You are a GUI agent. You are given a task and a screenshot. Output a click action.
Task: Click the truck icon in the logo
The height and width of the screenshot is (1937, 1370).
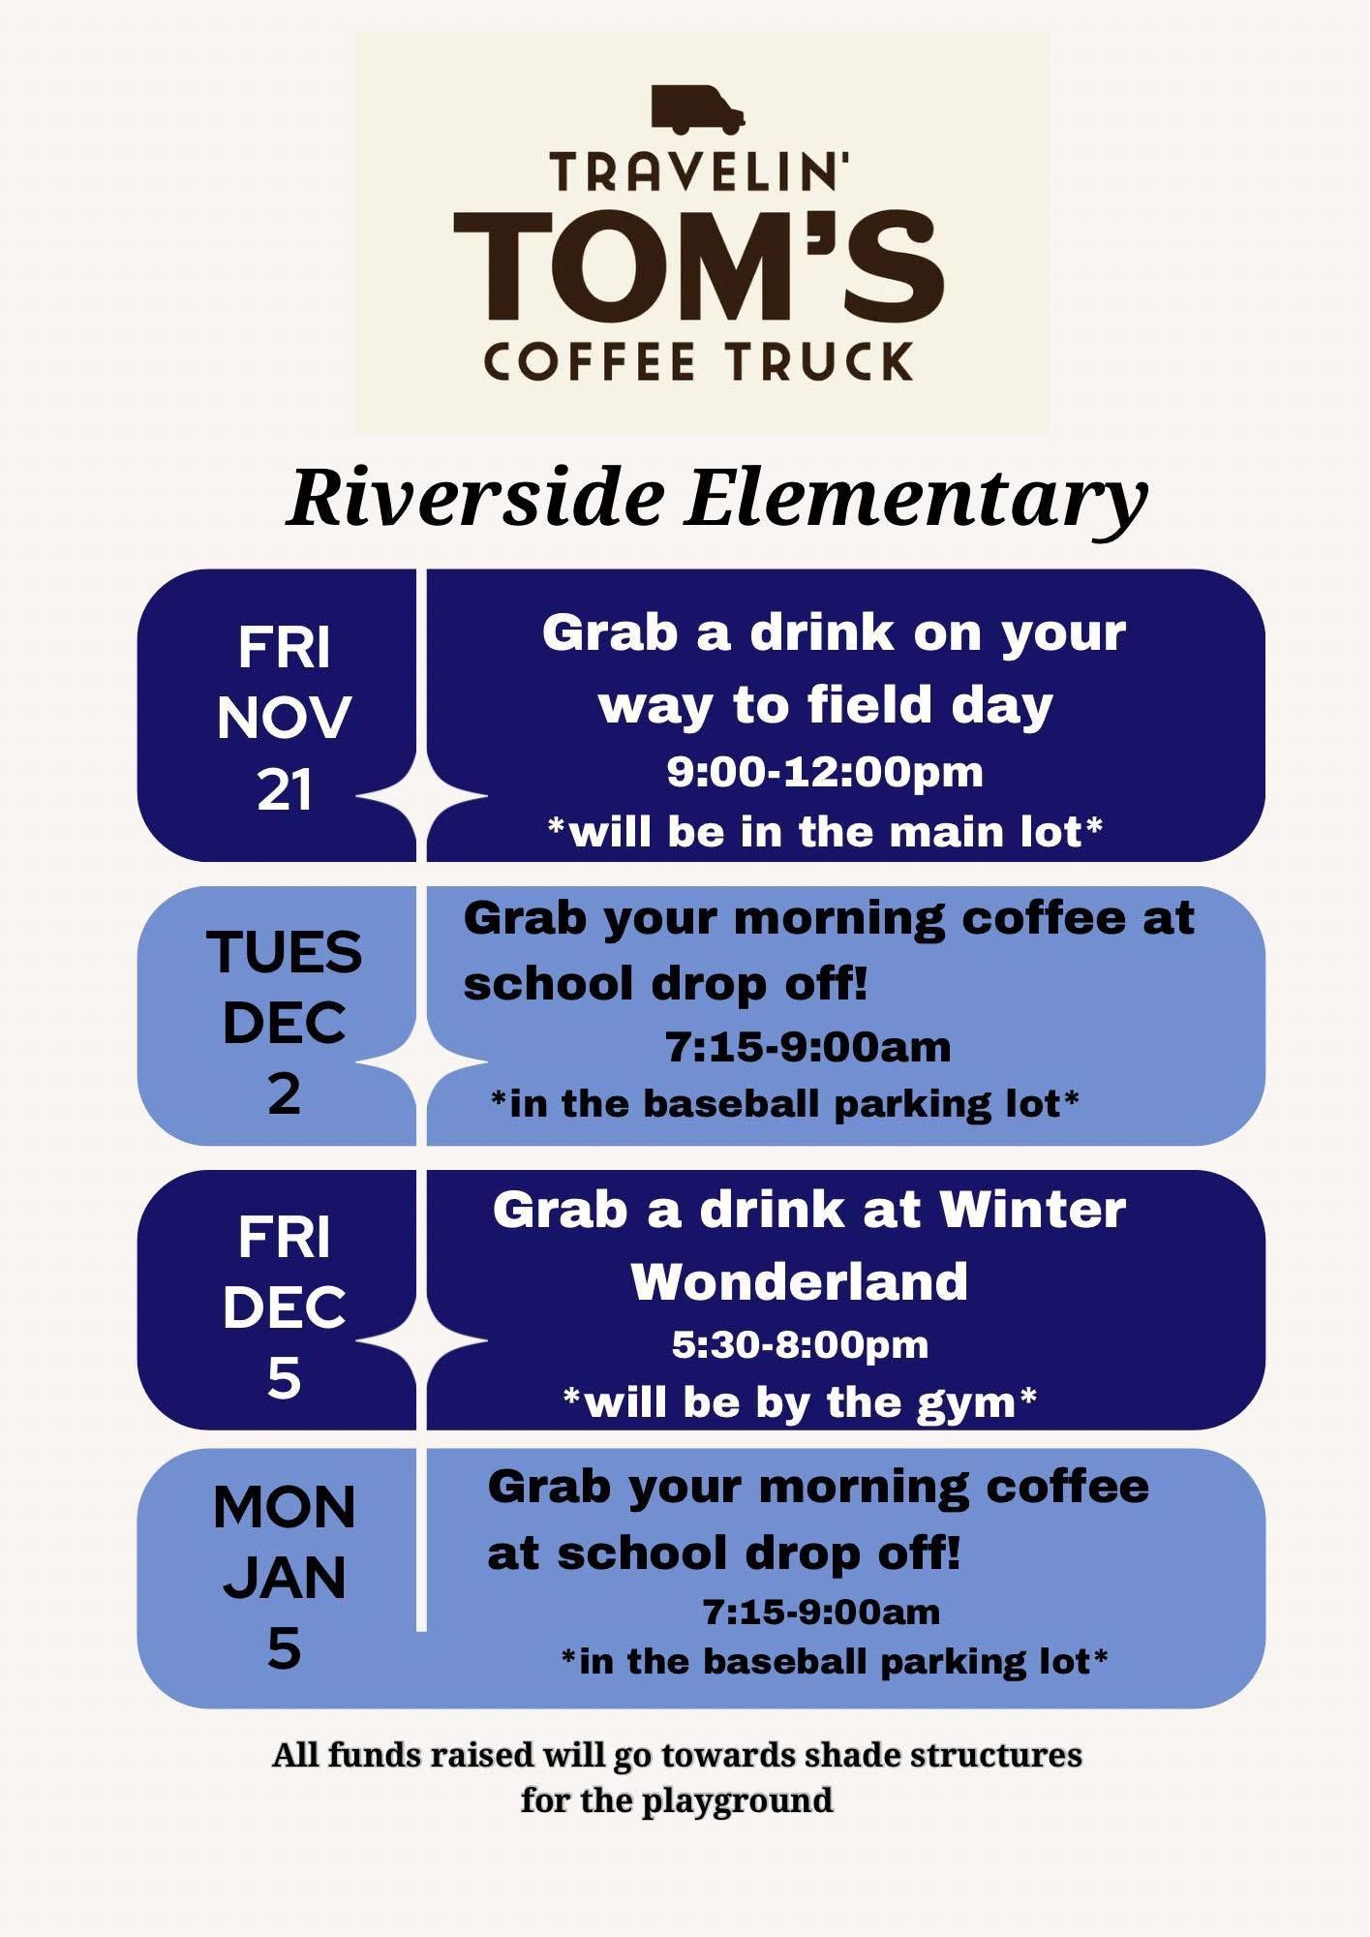click(697, 109)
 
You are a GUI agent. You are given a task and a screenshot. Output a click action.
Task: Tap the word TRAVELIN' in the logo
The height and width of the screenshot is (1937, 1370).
click(699, 172)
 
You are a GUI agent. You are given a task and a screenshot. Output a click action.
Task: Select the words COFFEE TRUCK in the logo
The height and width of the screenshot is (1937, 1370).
click(698, 360)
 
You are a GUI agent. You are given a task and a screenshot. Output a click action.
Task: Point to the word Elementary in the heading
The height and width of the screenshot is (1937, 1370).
click(916, 501)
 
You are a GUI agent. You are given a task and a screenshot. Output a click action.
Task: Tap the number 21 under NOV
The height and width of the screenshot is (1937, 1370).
click(285, 788)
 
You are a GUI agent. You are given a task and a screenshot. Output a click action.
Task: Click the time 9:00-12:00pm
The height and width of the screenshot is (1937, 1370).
click(825, 772)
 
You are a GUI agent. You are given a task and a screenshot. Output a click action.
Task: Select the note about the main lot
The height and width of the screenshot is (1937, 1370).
click(825, 831)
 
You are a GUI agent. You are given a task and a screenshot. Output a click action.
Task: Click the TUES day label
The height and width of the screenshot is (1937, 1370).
click(285, 951)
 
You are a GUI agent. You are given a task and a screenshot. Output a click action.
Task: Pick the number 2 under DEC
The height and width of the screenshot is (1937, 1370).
click(284, 1093)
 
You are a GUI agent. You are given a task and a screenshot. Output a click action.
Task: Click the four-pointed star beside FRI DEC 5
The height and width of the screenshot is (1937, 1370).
click(422, 1340)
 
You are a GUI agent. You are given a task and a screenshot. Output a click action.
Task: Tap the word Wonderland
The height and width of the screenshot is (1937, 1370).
click(800, 1280)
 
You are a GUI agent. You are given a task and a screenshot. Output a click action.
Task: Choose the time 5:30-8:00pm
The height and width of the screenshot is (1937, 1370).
click(801, 1344)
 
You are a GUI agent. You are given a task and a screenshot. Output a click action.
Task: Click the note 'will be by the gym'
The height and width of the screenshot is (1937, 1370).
click(800, 1401)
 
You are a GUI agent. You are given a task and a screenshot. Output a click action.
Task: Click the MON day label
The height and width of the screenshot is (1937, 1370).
click(285, 1507)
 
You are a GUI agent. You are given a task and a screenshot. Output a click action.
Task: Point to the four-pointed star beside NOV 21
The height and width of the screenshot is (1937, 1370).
click(422, 796)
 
